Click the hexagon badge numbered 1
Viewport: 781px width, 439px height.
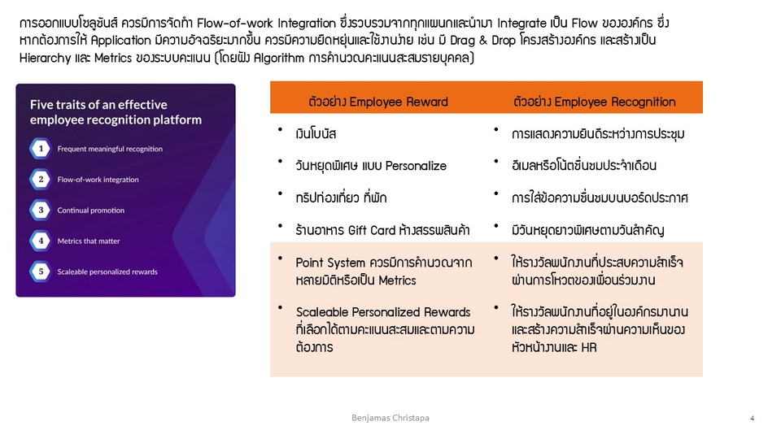coord(40,149)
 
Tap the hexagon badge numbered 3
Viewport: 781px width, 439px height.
coord(40,210)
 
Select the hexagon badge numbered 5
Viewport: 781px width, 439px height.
coord(40,272)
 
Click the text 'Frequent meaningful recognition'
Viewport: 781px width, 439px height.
coord(110,149)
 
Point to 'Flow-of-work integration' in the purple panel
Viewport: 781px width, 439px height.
coord(98,180)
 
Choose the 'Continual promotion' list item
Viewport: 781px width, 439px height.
coord(91,211)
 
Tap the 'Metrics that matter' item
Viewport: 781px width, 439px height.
coord(89,241)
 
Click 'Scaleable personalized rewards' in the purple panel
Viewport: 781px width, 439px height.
coord(107,272)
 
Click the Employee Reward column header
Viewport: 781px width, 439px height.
coord(378,102)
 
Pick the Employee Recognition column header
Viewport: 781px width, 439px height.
coord(595,102)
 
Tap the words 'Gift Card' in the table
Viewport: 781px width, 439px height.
coord(372,230)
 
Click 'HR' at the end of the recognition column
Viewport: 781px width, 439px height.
coord(589,347)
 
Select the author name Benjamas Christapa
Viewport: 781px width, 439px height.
coord(390,418)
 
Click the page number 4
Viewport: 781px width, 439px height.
coord(752,418)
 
